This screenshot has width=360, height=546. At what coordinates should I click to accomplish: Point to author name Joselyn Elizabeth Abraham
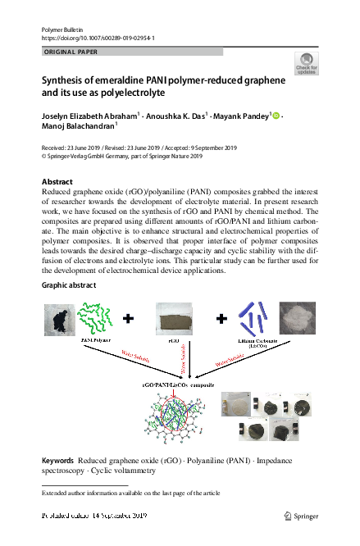(x=90, y=116)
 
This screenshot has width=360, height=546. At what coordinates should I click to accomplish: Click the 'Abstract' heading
(x=57, y=181)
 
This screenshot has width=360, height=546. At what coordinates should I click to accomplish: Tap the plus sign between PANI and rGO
(x=128, y=316)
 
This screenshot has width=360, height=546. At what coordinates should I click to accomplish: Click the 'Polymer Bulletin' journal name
(x=62, y=30)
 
